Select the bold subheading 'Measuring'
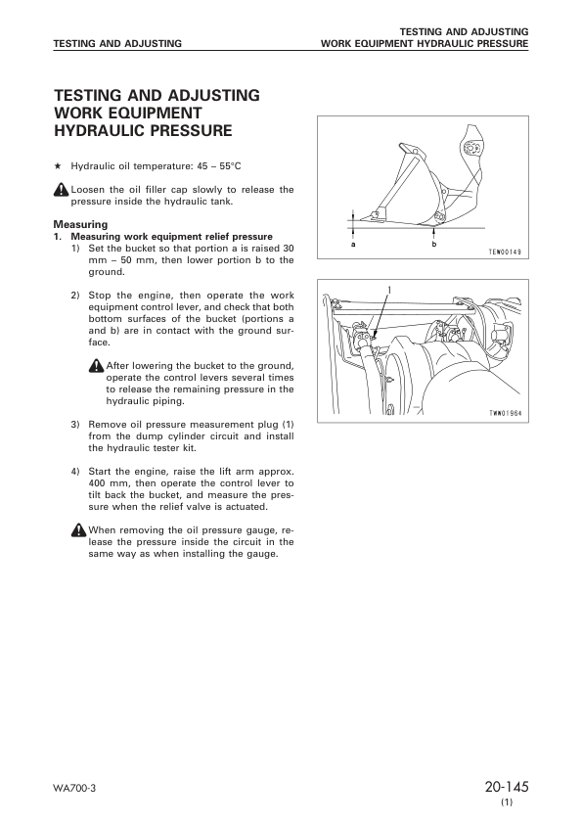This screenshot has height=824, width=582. (x=80, y=225)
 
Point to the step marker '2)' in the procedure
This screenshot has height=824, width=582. (x=75, y=295)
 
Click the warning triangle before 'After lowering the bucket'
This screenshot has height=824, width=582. (x=95, y=364)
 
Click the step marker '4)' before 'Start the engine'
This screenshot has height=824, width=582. (x=75, y=472)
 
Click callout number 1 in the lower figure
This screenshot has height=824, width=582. (x=388, y=291)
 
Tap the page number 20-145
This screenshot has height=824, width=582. (x=505, y=788)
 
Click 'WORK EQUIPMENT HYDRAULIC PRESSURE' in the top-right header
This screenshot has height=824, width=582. (x=425, y=44)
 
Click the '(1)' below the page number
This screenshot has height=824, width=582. (x=506, y=803)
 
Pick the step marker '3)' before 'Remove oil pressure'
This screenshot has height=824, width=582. (x=75, y=424)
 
